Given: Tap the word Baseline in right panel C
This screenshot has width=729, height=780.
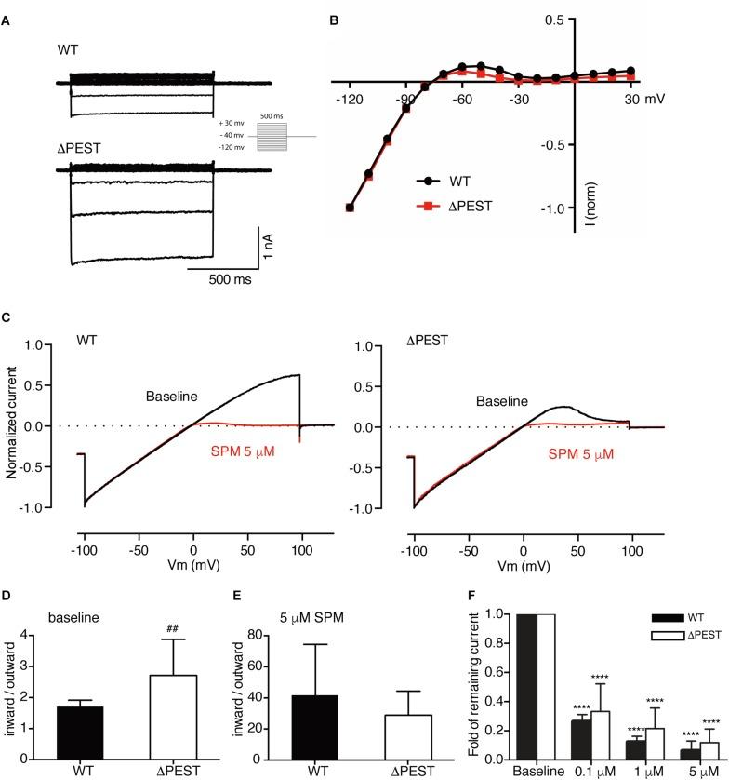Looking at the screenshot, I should point(504,401).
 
